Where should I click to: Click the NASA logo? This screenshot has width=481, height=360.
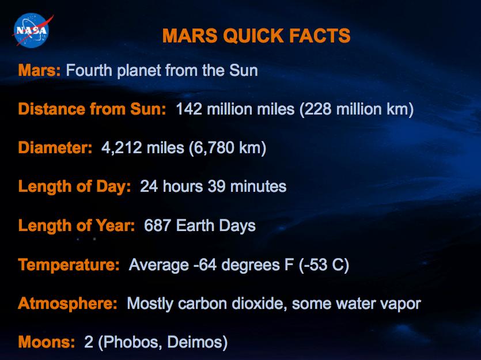[x=32, y=31]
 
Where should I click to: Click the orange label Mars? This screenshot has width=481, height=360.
[x=39, y=70]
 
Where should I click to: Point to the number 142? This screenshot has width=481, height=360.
[x=189, y=109]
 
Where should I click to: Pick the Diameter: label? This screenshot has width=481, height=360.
[x=55, y=147]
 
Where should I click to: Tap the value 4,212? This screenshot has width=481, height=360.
[x=122, y=148]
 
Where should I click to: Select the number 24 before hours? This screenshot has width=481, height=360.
[x=149, y=186]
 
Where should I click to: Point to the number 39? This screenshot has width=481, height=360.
[x=217, y=186]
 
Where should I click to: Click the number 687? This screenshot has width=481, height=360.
[x=157, y=225]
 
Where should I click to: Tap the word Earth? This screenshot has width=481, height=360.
[x=195, y=225]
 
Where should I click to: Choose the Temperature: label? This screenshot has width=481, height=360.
[x=69, y=264]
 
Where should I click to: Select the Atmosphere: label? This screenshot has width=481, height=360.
[x=67, y=304]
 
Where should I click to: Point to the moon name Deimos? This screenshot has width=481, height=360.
[x=194, y=342]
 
